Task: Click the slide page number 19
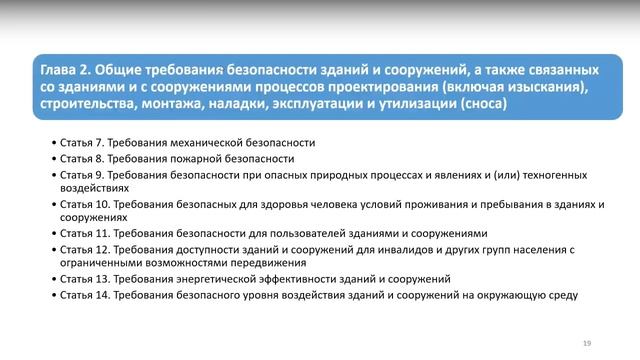pyautogui.click(x=587, y=343)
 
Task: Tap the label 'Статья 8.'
pyautogui.click(x=81, y=159)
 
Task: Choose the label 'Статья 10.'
pyautogui.click(x=84, y=204)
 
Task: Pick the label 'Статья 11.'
pyautogui.click(x=84, y=234)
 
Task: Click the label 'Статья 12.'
pyautogui.click(x=84, y=249)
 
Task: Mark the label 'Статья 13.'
pyautogui.click(x=84, y=279)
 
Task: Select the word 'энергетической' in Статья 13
pyautogui.click(x=212, y=279)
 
